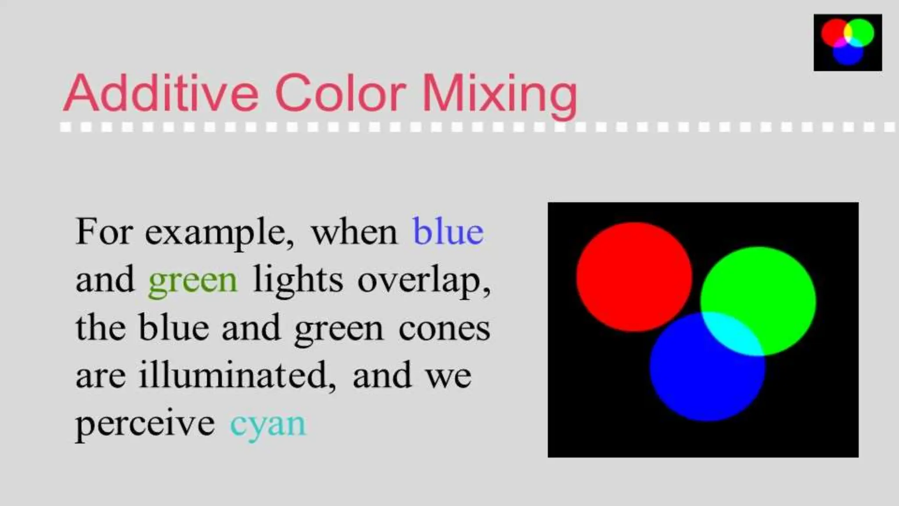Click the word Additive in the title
coord(161,93)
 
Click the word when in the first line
coord(354,232)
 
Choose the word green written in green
coord(193,281)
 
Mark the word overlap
coord(423,281)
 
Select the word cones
coord(444,329)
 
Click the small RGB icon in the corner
coord(848,42)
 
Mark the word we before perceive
coord(448,376)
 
